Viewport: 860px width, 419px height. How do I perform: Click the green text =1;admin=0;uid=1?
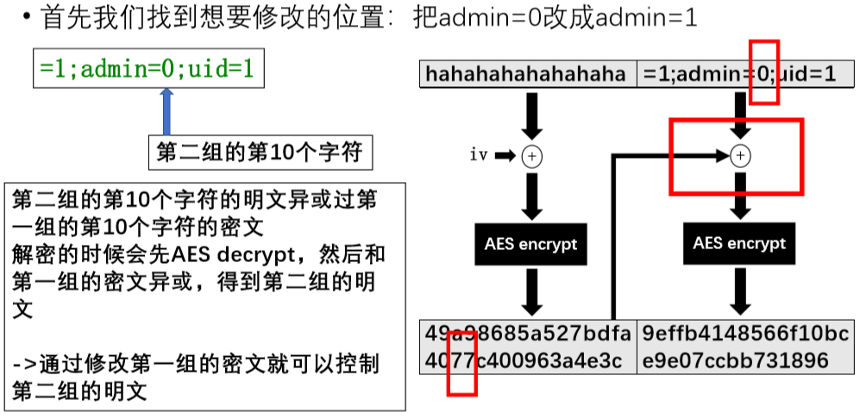coord(147,68)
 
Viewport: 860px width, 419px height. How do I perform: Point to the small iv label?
coord(479,155)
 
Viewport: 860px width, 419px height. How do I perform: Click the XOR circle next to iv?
coord(533,156)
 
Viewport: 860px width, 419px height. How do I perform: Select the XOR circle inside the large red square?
coord(739,156)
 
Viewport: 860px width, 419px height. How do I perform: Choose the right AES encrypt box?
coord(739,244)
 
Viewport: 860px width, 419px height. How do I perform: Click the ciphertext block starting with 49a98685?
coord(528,347)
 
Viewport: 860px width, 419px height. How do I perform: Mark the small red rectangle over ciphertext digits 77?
coord(461,363)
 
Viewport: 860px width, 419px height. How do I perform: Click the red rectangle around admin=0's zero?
coord(763,72)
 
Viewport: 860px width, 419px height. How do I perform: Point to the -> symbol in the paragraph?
coord(23,365)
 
